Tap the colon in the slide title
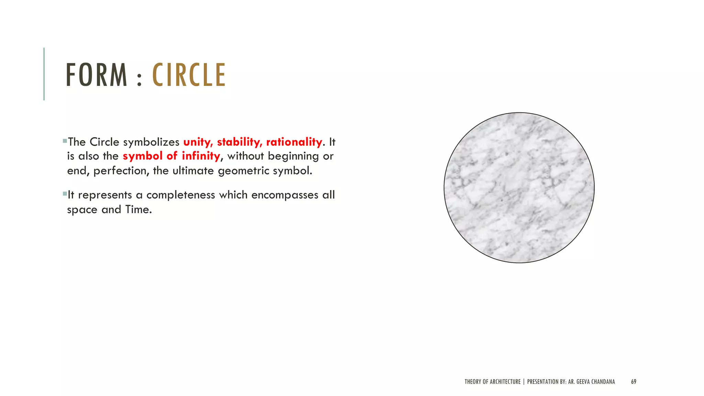point(139,79)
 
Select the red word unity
point(198,142)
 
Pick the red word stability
point(240,142)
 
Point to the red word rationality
point(294,142)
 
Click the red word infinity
point(201,156)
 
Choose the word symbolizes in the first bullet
point(151,142)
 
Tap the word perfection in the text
point(121,171)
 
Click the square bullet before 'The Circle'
point(65,141)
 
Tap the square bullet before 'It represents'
point(65,194)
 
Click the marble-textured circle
point(519,188)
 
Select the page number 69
point(634,382)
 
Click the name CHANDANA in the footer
point(603,382)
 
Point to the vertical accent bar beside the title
point(44,74)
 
